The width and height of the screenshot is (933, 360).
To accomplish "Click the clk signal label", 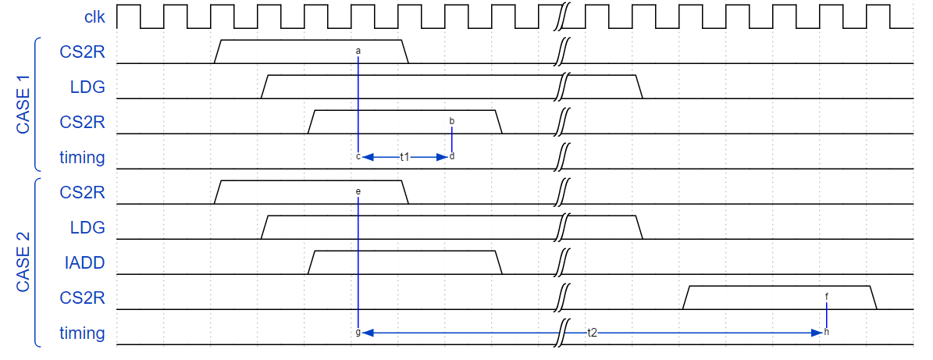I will pyautogui.click(x=94, y=16).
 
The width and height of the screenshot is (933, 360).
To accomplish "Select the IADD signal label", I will pyautogui.click(x=85, y=263).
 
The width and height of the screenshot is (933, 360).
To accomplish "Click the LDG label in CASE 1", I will pyautogui.click(x=87, y=87).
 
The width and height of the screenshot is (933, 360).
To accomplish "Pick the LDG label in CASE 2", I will pyautogui.click(x=87, y=228).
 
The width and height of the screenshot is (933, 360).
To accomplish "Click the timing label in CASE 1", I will pyautogui.click(x=82, y=158).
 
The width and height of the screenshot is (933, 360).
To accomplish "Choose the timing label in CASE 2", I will pyautogui.click(x=82, y=333).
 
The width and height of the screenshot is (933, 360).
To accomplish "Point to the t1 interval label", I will pyautogui.click(x=405, y=157).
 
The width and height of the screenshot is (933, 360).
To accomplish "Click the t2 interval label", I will pyautogui.click(x=592, y=333).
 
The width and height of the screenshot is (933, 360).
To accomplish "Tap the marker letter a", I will pyautogui.click(x=358, y=52).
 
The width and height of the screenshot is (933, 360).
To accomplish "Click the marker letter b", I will pyautogui.click(x=452, y=121).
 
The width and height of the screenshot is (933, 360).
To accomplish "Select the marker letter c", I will pyautogui.click(x=358, y=157).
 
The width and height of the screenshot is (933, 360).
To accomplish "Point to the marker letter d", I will pyautogui.click(x=452, y=157).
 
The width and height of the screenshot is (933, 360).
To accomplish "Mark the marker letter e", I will pyautogui.click(x=358, y=191).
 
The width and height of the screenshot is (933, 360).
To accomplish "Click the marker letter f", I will pyautogui.click(x=827, y=297).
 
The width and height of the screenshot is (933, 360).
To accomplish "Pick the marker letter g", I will pyautogui.click(x=358, y=333).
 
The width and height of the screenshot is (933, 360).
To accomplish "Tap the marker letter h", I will pyautogui.click(x=827, y=333).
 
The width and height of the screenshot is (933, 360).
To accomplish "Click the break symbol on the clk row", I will pyautogui.click(x=562, y=16).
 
